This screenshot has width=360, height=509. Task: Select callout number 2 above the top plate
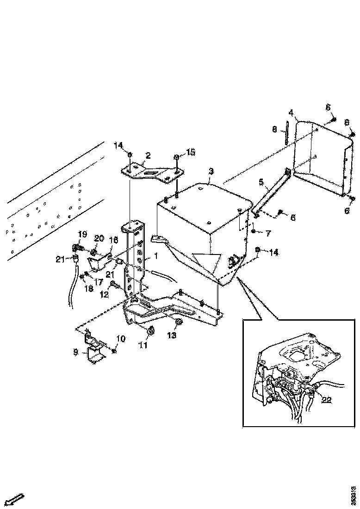tap(149, 155)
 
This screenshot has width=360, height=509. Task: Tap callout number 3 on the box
tap(211, 171)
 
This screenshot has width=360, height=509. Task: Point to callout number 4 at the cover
tap(291, 112)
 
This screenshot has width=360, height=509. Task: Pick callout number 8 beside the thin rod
tap(274, 130)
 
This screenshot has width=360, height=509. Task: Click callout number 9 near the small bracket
tap(75, 352)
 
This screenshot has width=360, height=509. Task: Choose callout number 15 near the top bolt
tap(191, 152)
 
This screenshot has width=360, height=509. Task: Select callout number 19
tap(81, 235)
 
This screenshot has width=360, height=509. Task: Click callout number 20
tap(99, 238)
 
